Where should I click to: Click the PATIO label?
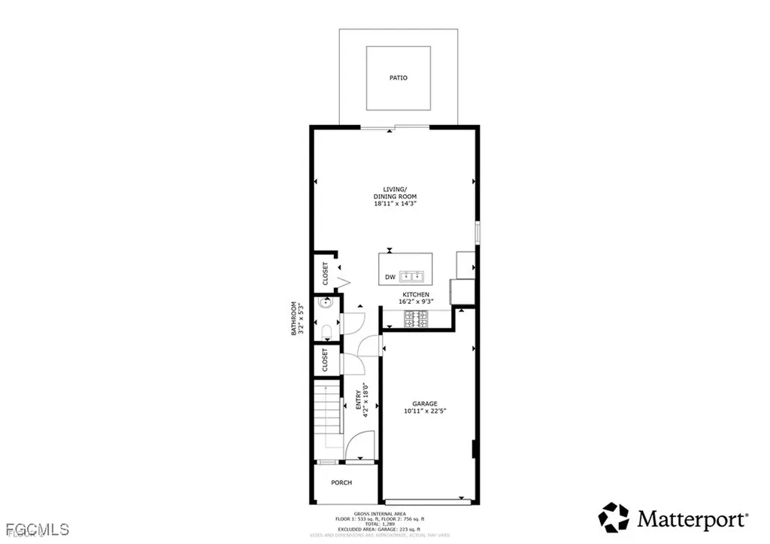[x=399, y=77]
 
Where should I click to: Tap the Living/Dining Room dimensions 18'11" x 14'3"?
[x=395, y=203]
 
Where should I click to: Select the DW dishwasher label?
[x=390, y=278]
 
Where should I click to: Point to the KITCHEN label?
[x=416, y=294]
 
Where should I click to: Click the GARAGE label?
[x=425, y=403]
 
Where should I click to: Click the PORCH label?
[x=341, y=482]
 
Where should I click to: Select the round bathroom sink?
[x=326, y=304]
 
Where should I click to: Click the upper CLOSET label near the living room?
[x=326, y=273]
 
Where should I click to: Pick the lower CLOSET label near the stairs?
[x=326, y=360]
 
